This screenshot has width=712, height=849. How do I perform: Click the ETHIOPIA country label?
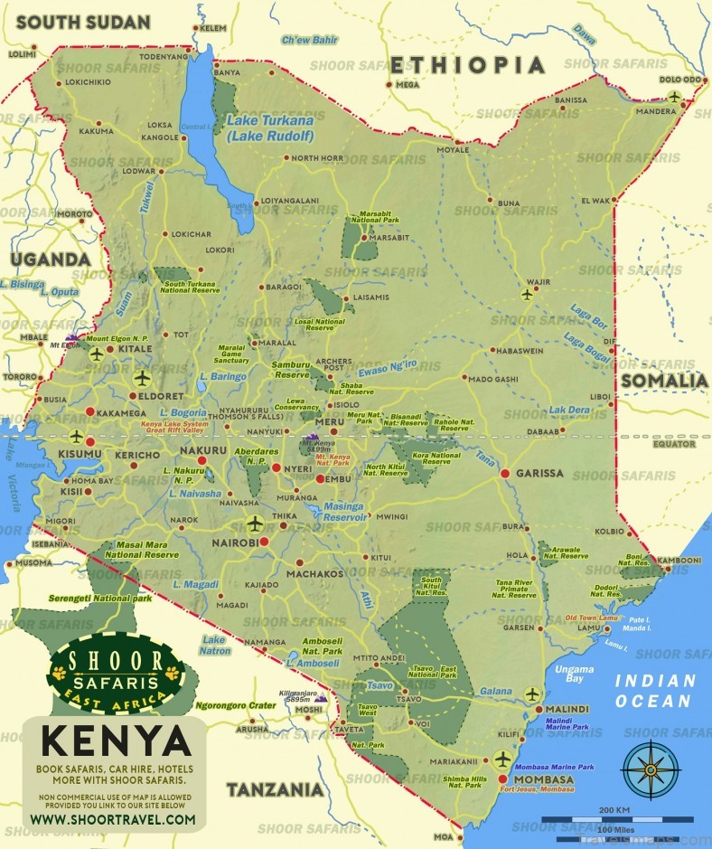point(468,65)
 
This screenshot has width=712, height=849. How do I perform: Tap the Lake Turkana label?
point(270,127)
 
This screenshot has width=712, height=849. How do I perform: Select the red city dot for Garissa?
point(505,473)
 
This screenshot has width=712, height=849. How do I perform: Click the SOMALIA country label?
point(663,381)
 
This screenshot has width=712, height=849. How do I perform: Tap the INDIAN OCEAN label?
point(654,691)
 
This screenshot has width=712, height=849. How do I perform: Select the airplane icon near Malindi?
point(531,694)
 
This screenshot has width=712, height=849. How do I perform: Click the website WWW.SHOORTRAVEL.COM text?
point(113,819)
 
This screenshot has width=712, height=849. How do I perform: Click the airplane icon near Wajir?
point(528,294)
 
